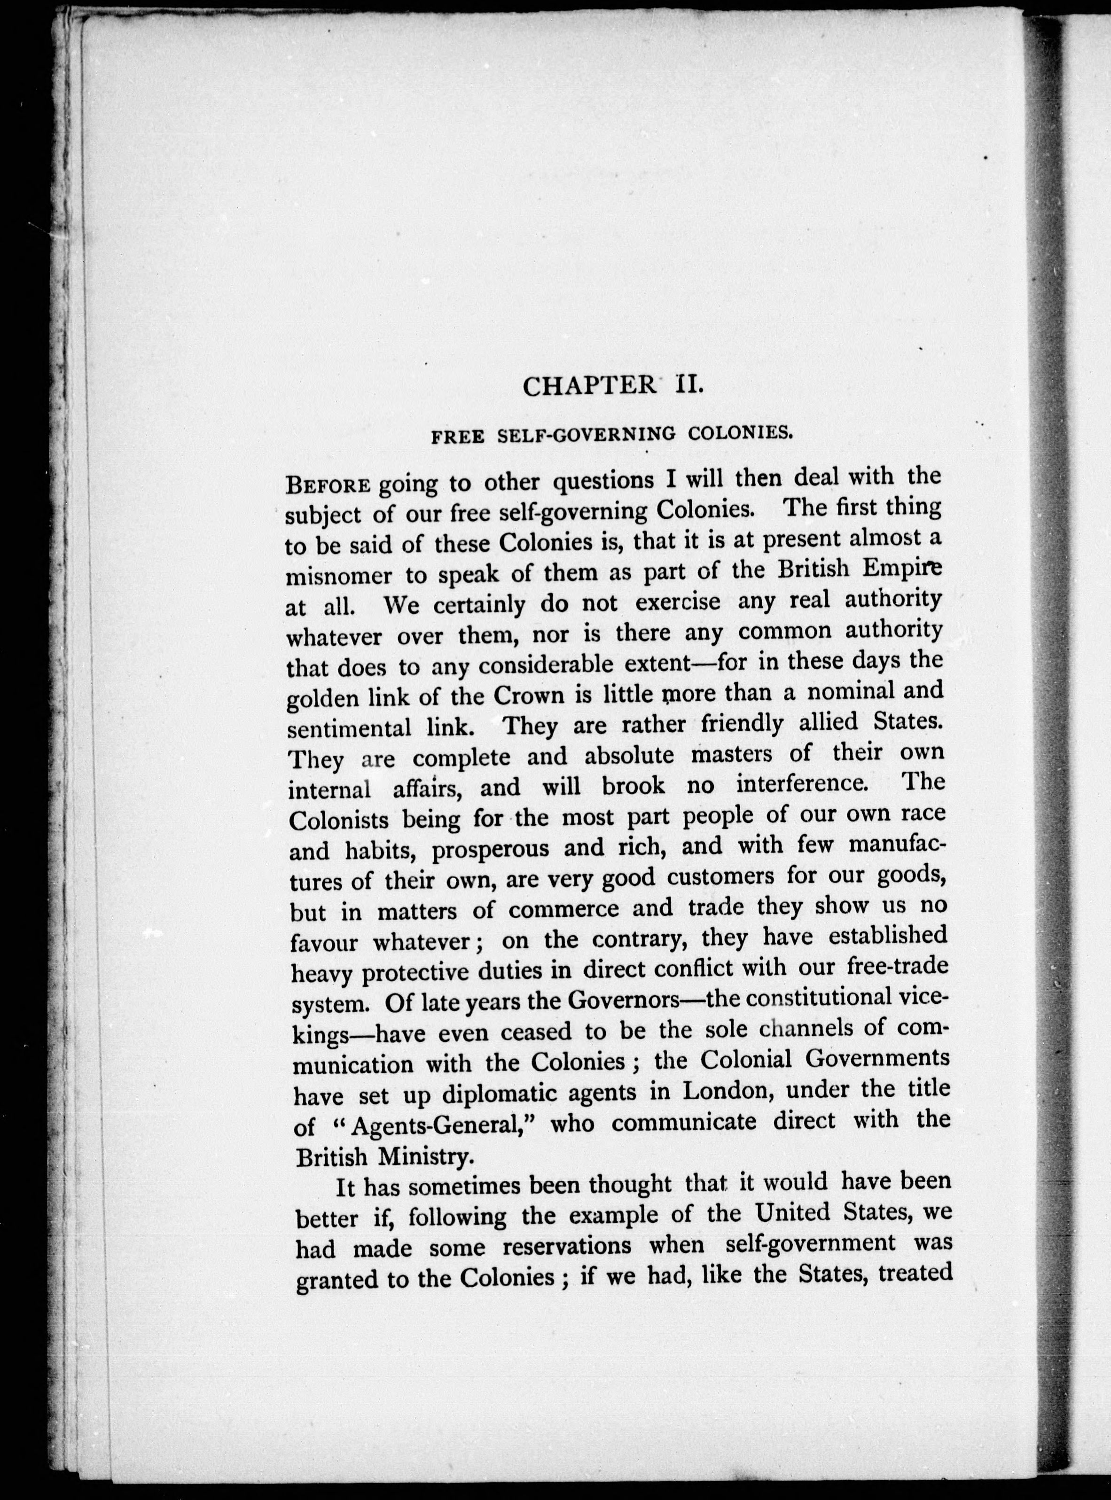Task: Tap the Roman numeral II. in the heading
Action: pyautogui.click(x=685, y=385)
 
